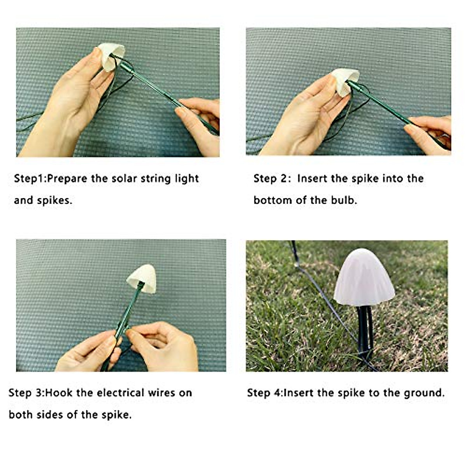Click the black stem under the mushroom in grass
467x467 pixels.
pyautogui.click(x=365, y=331)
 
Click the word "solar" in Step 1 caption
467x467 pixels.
pyautogui.click(x=125, y=179)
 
